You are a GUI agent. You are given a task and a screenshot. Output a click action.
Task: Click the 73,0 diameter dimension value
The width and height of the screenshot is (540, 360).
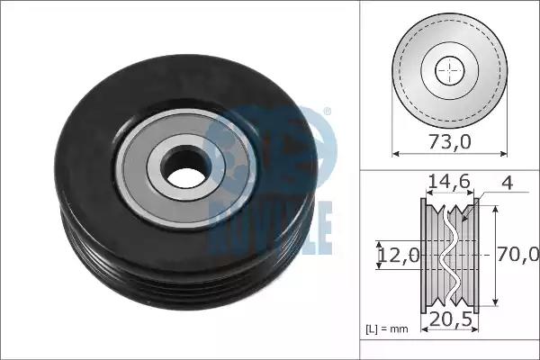coord(450,141)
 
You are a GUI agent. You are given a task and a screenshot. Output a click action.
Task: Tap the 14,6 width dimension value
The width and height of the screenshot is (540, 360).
coord(449,181)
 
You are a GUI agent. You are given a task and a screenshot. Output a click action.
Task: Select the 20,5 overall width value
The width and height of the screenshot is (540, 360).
coord(450,319)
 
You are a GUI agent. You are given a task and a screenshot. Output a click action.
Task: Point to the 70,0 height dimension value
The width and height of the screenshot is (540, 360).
coord(517,254)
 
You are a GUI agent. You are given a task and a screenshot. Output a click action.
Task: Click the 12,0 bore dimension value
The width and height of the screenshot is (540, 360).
coord(399,256)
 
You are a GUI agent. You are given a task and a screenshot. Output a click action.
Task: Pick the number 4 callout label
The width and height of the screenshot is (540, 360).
coord(508,183)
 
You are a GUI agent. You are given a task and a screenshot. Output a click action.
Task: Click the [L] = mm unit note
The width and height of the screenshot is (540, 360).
coord(387,329)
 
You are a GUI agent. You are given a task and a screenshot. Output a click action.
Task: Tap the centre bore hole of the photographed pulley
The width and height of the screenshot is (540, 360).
coord(186,166)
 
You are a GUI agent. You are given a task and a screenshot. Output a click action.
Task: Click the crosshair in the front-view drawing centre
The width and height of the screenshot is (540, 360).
coord(450,70)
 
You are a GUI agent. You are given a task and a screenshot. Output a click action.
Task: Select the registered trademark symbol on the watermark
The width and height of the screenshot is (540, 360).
coord(328,112)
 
